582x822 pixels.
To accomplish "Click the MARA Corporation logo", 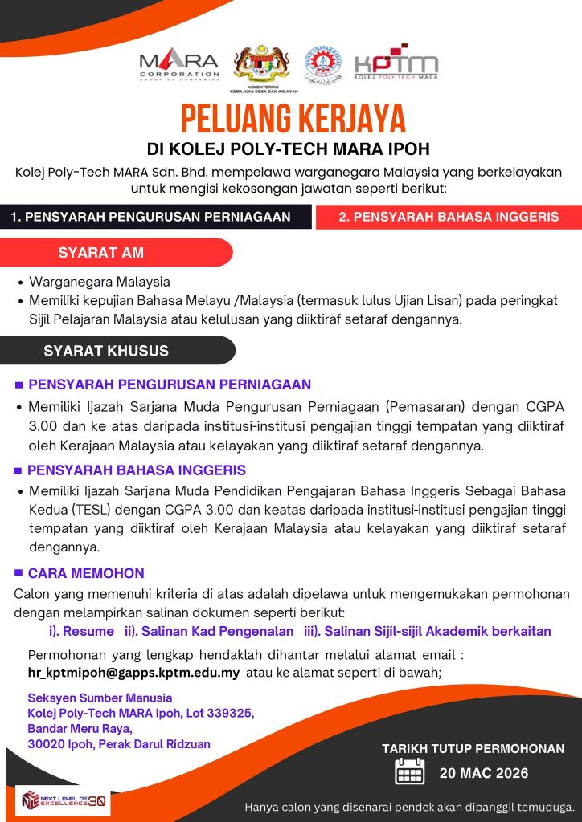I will point(178,64).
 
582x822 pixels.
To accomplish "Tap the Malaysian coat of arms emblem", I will point(261,67).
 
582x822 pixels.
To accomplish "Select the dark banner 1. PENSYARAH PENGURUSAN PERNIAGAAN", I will point(150,217).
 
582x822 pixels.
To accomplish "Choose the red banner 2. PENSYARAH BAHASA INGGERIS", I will point(449,217).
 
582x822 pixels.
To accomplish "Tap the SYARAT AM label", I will point(101,253).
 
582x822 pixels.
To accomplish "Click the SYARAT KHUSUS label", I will point(106,351).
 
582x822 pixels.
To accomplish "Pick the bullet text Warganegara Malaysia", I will point(100,283).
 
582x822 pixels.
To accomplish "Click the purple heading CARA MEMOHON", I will point(86,573).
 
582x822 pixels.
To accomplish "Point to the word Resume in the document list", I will point(88,631).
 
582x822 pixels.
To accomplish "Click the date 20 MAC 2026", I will point(484,774).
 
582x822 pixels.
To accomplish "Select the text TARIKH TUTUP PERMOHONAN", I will point(473,749).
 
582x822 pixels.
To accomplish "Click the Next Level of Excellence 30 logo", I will point(64,800).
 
